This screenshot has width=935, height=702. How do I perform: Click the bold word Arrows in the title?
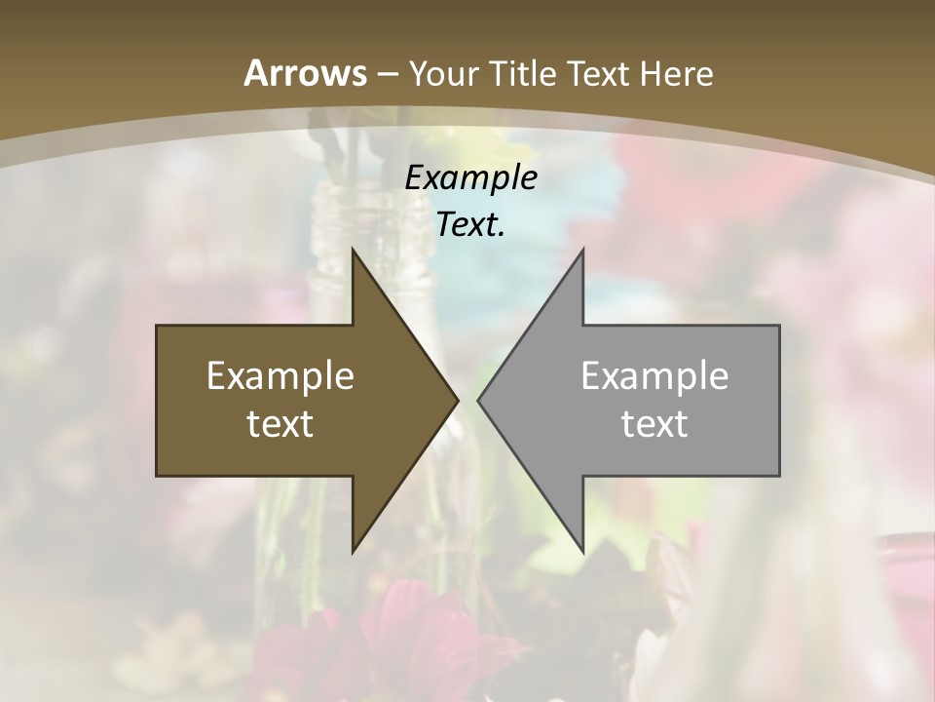coord(304,73)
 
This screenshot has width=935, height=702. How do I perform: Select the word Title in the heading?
coord(526,73)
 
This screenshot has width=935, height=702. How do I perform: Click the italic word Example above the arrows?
coord(471,178)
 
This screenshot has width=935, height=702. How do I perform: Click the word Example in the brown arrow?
coord(280,376)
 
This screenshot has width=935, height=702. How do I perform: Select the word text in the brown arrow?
coord(280,423)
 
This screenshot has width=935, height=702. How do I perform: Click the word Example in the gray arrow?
coord(654,376)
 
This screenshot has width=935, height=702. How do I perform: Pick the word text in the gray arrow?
coord(654,423)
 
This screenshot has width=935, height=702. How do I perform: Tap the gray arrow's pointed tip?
coord(479,400)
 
